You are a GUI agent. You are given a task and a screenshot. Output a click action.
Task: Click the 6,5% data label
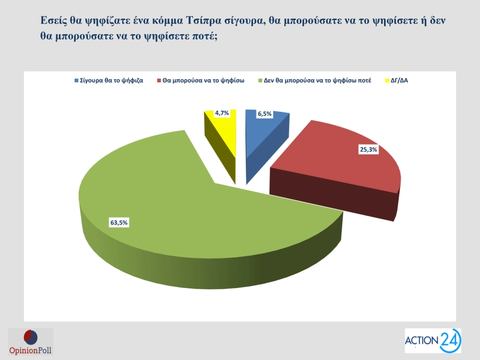[x=265, y=114]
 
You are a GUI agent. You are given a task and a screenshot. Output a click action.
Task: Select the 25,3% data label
[x=368, y=149]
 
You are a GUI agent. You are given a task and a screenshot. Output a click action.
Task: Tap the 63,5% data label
[x=119, y=223]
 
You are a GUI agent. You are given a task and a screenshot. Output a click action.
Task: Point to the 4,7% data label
[x=222, y=113]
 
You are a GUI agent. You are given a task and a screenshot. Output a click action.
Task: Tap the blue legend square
[x=76, y=81]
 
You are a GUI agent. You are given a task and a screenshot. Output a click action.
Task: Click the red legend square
[x=159, y=81]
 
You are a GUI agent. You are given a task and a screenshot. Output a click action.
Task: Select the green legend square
[x=260, y=81]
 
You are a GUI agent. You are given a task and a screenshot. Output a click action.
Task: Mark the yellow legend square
[x=387, y=81]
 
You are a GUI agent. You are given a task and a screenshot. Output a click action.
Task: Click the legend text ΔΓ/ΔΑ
[x=399, y=81]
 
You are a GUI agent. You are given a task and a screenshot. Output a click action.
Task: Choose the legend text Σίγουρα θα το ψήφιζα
[x=111, y=81]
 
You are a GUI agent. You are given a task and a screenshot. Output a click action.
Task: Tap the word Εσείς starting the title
[x=53, y=21]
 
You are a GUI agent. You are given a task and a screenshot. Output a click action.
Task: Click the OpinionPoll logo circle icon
[x=31, y=337]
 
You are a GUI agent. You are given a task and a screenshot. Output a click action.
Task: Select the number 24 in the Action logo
[x=449, y=340]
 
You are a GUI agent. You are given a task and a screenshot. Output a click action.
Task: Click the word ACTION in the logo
[x=422, y=341]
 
